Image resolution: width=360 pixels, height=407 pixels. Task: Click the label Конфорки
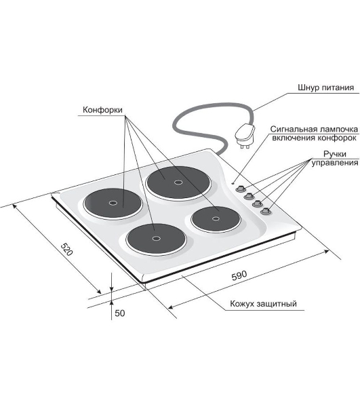[102, 110]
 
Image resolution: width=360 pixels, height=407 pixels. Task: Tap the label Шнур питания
[326, 88]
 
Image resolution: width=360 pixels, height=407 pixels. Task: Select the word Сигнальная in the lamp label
[294, 129]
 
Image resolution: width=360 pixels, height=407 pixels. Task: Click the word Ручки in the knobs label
[335, 154]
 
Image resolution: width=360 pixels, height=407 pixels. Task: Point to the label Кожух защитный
[263, 303]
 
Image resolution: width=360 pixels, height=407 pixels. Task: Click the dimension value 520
[66, 249]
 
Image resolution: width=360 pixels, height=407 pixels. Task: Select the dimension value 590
[239, 275]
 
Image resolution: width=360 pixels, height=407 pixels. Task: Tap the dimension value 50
[119, 313]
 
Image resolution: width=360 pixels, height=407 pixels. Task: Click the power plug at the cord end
[244, 136]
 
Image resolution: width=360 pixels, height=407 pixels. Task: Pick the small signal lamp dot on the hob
[233, 183]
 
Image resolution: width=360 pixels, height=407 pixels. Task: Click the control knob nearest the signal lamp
[240, 189]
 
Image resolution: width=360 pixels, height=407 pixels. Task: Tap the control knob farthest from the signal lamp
[266, 211]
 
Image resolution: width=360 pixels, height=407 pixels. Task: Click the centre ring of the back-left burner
[113, 203]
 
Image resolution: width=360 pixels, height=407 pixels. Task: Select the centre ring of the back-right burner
[178, 182]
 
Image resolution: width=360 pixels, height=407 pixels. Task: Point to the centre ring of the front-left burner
[156, 238]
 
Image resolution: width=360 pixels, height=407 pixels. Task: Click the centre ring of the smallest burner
[216, 218]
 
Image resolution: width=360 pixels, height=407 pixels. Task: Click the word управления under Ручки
[335, 163]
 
